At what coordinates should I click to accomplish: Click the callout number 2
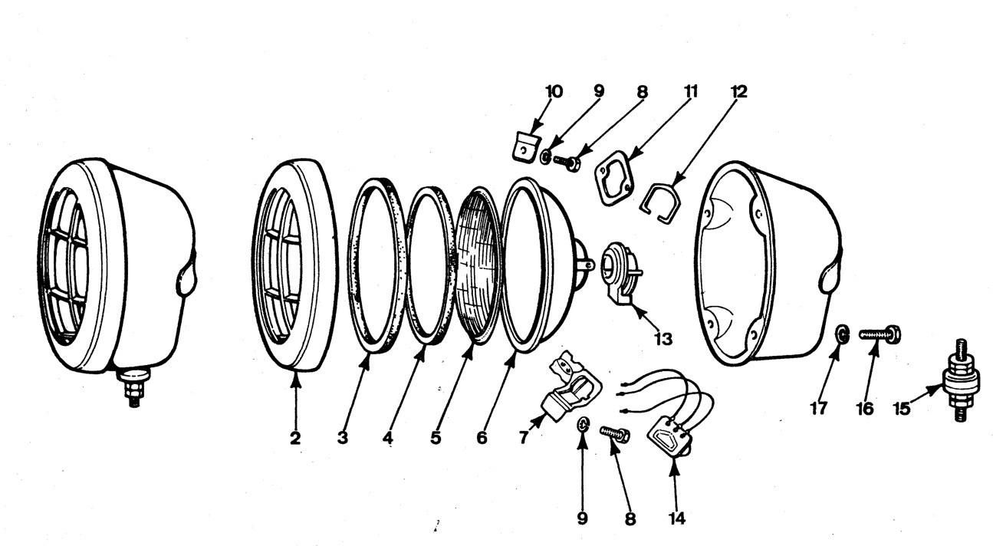point(295,438)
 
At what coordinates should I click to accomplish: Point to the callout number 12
point(738,92)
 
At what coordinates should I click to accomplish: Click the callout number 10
point(553,92)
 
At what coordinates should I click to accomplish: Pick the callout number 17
point(819,408)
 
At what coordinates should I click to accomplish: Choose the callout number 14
point(676,518)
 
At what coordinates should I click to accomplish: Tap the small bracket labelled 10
point(524,146)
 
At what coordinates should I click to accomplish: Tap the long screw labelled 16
point(879,334)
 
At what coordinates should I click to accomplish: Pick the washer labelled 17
point(841,334)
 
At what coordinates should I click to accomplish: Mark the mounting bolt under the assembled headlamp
point(135,388)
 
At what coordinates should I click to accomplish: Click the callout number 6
point(482,438)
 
